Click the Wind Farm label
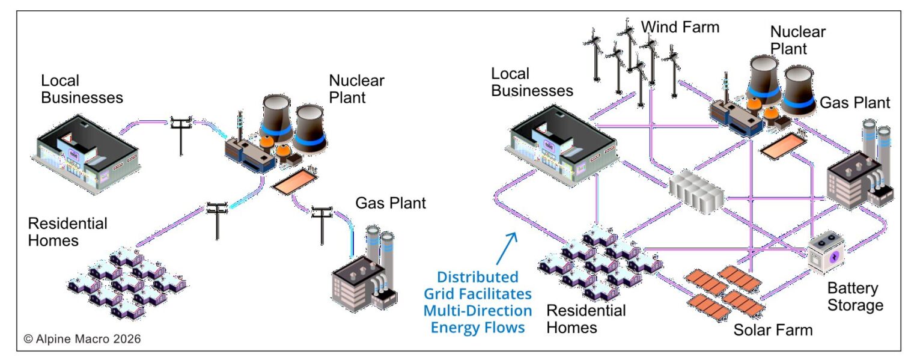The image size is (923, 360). click(679, 27)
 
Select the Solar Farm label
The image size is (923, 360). click(773, 329)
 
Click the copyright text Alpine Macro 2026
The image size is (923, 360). click(82, 339)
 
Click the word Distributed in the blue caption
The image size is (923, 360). click(477, 278)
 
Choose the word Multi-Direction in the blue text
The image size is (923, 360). click(477, 311)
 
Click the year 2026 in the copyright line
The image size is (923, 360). click(126, 339)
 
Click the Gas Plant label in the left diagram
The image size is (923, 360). click(391, 203)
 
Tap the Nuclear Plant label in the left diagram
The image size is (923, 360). click(356, 88)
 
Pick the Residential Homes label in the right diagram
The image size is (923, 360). click(585, 319)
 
